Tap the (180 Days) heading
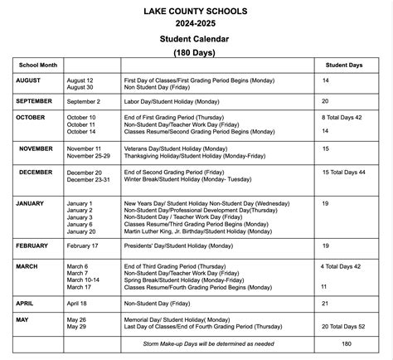[196, 51]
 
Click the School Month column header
[36, 64]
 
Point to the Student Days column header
[348, 64]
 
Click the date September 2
[88, 100]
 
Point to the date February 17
[86, 246]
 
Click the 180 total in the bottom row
[347, 342]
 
